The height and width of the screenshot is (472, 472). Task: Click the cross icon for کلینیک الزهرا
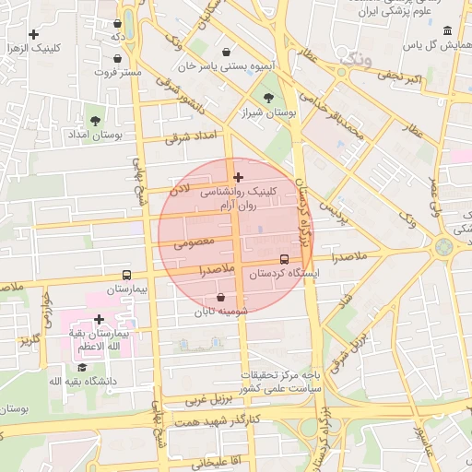tap(34, 35)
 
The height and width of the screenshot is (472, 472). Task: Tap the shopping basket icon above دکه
tap(117, 24)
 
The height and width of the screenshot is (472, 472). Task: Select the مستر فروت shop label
tap(119, 71)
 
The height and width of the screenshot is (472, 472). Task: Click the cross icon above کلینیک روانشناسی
tap(239, 177)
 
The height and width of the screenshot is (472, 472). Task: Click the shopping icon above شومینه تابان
tap(221, 297)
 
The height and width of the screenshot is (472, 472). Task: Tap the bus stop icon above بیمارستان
tap(126, 275)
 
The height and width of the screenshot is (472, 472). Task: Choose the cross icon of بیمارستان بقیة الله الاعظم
tap(99, 319)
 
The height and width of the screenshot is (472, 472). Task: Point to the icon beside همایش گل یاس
tap(447, 29)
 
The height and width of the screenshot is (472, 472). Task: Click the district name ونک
tap(357, 58)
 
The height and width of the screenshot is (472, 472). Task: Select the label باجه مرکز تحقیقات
tap(280, 375)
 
